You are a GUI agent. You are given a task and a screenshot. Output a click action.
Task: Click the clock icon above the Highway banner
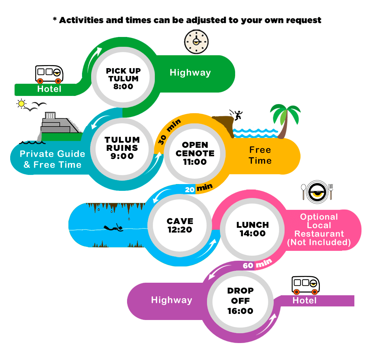(x=196, y=42)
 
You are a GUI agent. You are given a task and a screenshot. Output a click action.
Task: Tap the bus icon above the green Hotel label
(x=49, y=74)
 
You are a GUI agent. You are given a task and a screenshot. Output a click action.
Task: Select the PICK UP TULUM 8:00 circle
(x=123, y=77)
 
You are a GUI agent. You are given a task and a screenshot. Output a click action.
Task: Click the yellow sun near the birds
(x=21, y=104)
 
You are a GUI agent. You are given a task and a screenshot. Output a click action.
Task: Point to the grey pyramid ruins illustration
(x=59, y=126)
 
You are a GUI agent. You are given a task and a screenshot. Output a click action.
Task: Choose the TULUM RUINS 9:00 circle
(x=122, y=149)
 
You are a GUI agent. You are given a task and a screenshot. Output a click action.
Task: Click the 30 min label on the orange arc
(x=169, y=132)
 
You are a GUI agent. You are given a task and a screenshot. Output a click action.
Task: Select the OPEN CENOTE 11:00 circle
(x=195, y=153)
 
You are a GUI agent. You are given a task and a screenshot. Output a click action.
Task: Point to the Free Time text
(x=260, y=155)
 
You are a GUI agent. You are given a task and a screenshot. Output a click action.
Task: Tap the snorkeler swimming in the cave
(x=114, y=228)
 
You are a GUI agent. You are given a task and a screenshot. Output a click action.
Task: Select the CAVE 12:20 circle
(x=180, y=225)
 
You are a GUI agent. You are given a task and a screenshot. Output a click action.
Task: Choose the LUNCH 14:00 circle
(x=252, y=229)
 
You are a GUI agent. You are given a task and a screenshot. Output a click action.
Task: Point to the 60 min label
(x=257, y=264)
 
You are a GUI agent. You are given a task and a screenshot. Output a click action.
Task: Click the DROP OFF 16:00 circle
(x=240, y=301)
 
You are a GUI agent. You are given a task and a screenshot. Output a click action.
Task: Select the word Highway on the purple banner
(x=171, y=300)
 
